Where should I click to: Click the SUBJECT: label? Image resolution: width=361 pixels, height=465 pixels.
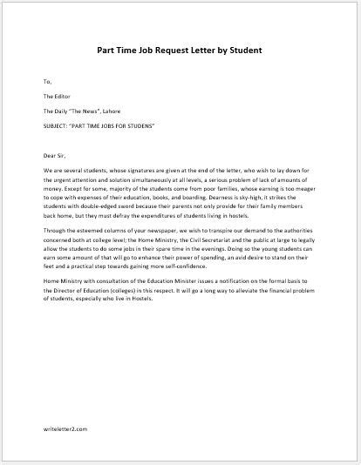[57, 126]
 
